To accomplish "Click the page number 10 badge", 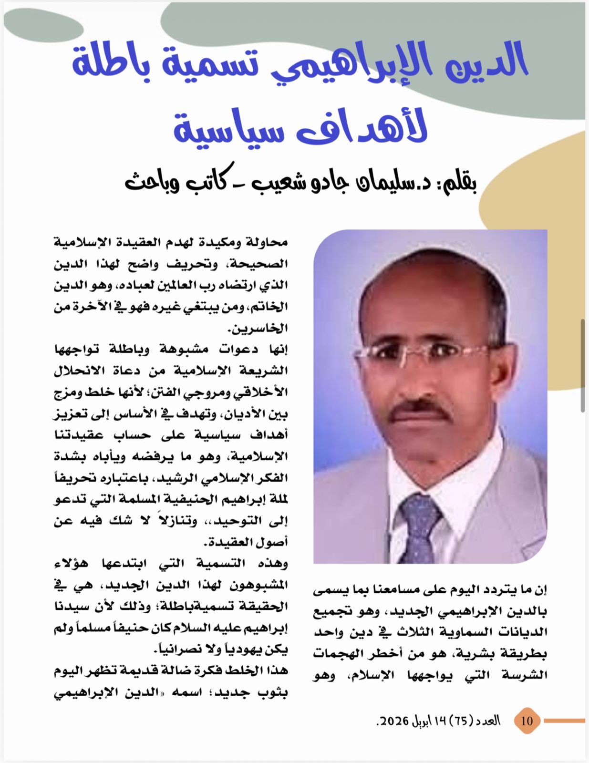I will [x=527, y=720].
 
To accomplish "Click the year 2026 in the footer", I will [x=393, y=721].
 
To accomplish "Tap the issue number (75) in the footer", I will [x=461, y=721].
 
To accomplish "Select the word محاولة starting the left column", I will [x=267, y=242].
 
